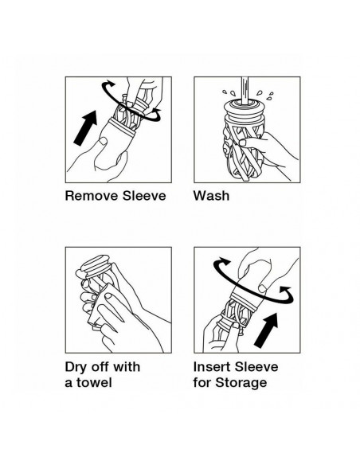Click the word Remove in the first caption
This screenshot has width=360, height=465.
point(92,196)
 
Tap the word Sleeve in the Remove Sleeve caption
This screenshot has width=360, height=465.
point(144,196)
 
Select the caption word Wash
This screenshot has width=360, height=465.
point(211,196)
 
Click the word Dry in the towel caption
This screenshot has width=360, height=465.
point(76,367)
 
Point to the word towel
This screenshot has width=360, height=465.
point(94,382)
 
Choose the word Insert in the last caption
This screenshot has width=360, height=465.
point(211,367)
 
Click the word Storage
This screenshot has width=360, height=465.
point(241,383)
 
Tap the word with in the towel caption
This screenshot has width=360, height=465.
point(127,367)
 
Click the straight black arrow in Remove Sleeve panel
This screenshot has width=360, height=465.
point(85,128)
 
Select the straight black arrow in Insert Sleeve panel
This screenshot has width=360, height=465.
point(266,330)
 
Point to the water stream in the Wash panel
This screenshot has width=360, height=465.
point(245,91)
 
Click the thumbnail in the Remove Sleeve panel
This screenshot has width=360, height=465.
point(103,141)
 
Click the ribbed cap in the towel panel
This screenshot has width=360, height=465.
point(95,266)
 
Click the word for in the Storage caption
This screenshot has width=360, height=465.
point(202,382)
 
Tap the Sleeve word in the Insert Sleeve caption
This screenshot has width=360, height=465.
point(256,367)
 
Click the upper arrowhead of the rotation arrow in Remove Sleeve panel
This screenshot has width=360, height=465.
point(111,84)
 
